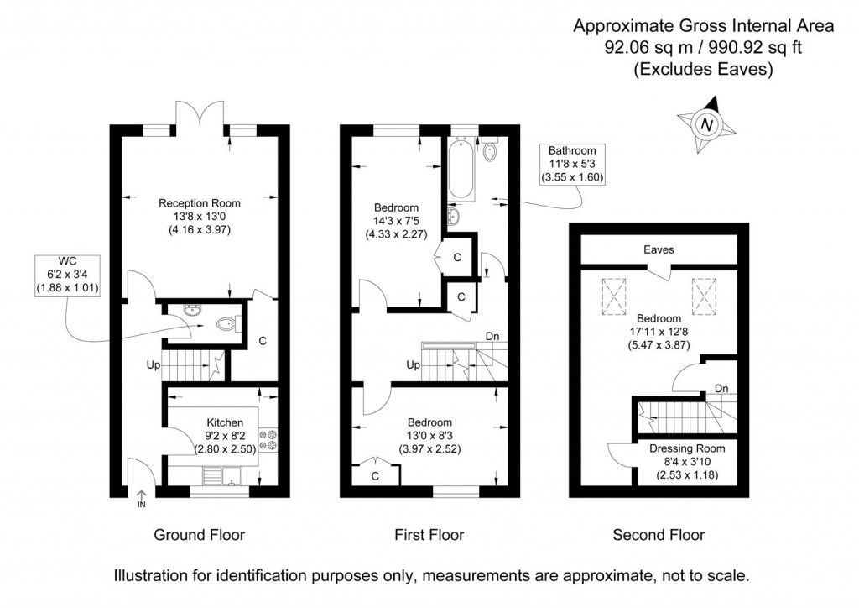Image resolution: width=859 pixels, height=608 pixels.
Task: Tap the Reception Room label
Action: (200, 202)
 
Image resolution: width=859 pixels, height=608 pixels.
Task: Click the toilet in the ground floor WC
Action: (226, 323)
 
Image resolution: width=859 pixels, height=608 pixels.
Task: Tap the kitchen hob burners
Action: (271, 442)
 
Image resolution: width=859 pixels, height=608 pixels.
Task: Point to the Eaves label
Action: (659, 249)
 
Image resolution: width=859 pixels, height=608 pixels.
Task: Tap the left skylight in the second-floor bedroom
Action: (614, 295)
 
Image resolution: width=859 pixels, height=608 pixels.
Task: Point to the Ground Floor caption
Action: (200, 534)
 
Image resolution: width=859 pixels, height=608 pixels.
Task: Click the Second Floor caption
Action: (659, 534)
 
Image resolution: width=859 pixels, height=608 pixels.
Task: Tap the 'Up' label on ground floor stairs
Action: (153, 366)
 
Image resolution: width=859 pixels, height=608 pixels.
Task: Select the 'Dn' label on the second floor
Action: (721, 388)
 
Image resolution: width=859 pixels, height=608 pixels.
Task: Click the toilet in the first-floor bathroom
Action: (489, 151)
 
